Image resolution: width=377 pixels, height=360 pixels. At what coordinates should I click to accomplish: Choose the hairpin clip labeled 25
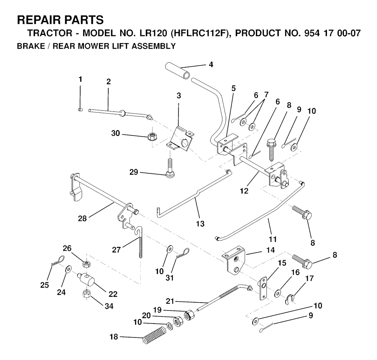click(54, 265)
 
